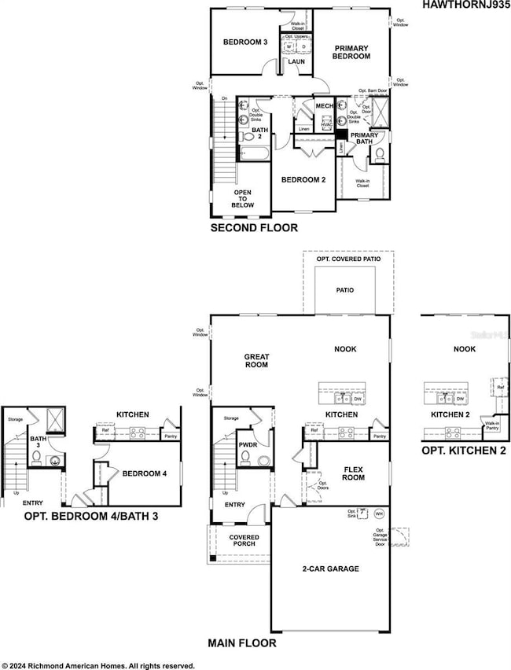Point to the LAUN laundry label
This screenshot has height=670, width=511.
(x=296, y=61)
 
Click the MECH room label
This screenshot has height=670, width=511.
(x=323, y=106)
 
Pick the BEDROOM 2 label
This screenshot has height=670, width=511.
(x=304, y=179)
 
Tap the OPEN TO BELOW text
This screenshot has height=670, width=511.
(x=242, y=198)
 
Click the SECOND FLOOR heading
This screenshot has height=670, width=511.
(x=254, y=228)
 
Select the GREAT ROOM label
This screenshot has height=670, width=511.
(x=256, y=361)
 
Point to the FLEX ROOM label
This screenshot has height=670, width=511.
(x=352, y=473)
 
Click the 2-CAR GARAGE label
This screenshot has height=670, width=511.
(x=330, y=568)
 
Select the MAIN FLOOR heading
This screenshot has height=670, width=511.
(x=242, y=643)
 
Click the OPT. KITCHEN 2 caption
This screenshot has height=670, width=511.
(x=459, y=450)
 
